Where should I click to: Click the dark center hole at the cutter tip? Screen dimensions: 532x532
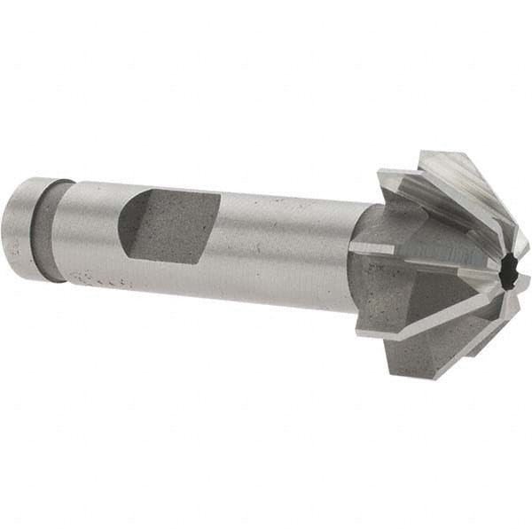507,277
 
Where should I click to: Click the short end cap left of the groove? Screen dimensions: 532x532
30,229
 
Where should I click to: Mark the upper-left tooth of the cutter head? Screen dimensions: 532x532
408,191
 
